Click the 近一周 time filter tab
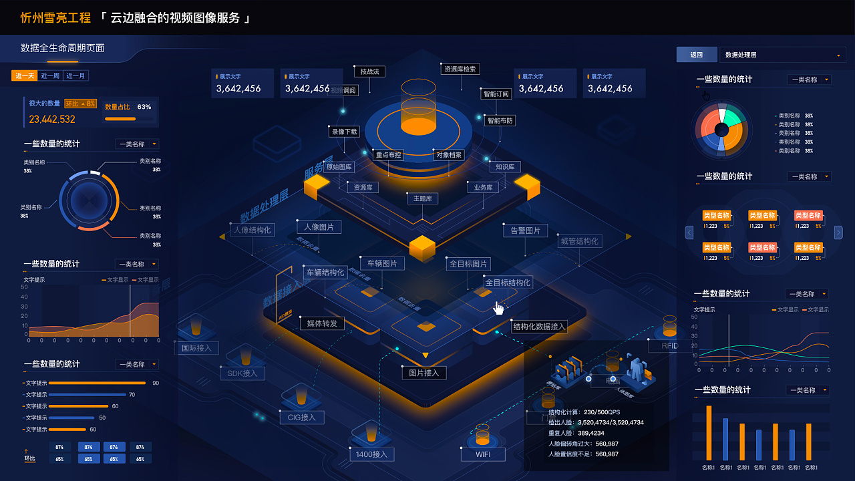click(x=50, y=76)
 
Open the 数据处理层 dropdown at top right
click(x=782, y=55)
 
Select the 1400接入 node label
click(x=372, y=455)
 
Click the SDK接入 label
click(x=242, y=373)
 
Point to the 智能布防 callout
click(x=500, y=121)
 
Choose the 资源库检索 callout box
click(x=460, y=69)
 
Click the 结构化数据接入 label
click(x=539, y=327)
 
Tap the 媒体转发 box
click(x=322, y=323)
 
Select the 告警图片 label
click(x=525, y=230)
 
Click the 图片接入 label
click(x=423, y=373)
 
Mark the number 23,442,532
click(x=52, y=120)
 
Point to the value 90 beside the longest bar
click(x=156, y=383)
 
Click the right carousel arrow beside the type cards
click(x=838, y=232)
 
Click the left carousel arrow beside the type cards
click(x=689, y=232)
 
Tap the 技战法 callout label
click(x=369, y=71)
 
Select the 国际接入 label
click(x=196, y=348)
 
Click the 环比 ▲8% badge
click(x=80, y=104)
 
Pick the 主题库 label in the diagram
click(x=423, y=198)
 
